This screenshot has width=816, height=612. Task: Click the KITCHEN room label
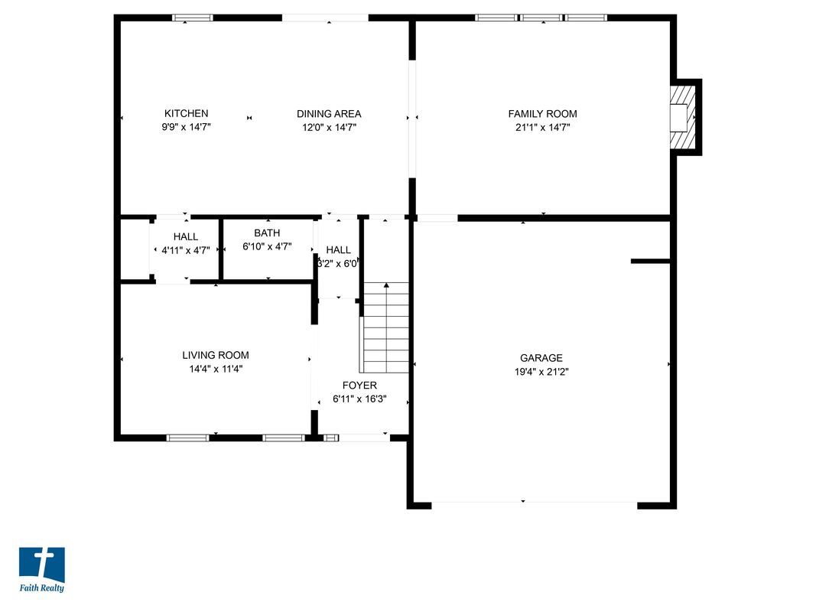pyautogui.click(x=186, y=114)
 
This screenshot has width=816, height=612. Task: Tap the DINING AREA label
pyautogui.click(x=329, y=114)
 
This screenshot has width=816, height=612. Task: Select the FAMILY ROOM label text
pyautogui.click(x=542, y=114)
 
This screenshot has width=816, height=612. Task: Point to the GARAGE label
pyautogui.click(x=541, y=358)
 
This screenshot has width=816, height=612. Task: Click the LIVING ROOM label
pyautogui.click(x=215, y=355)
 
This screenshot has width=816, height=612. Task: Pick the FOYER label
pyautogui.click(x=359, y=386)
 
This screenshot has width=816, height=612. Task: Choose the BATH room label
pyautogui.click(x=267, y=233)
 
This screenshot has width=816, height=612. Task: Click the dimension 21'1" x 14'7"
pyautogui.click(x=542, y=128)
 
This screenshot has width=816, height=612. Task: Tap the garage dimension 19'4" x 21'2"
pyautogui.click(x=541, y=372)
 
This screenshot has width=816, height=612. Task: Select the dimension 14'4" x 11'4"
pyautogui.click(x=215, y=369)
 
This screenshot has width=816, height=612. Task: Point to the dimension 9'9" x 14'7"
pyautogui.click(x=186, y=128)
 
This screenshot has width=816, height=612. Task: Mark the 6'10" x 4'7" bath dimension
pyautogui.click(x=267, y=246)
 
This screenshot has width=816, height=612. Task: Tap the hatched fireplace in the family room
pyautogui.click(x=683, y=117)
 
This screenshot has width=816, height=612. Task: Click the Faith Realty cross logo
pyautogui.click(x=41, y=565)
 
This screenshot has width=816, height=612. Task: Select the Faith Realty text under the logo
pyautogui.click(x=41, y=588)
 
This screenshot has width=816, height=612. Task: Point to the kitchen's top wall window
pyautogui.click(x=192, y=18)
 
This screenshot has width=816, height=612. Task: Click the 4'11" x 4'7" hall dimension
pyautogui.click(x=185, y=250)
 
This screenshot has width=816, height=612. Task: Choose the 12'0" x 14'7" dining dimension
pyautogui.click(x=329, y=128)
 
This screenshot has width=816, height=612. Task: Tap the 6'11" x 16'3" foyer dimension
pyautogui.click(x=359, y=399)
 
